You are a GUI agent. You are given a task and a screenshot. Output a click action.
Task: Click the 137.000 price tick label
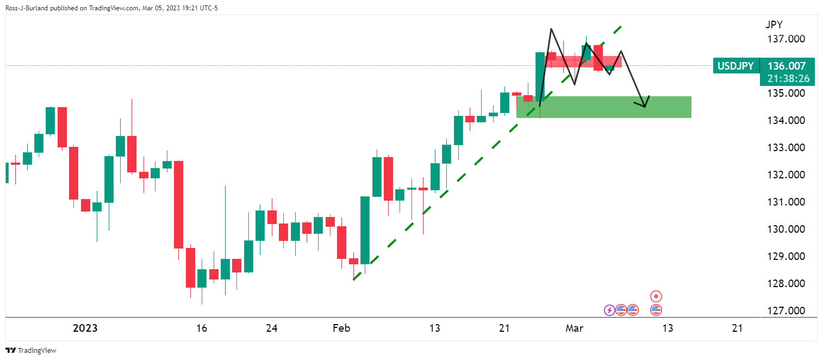[786, 39]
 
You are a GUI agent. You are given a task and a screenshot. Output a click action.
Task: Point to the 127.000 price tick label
[786, 311]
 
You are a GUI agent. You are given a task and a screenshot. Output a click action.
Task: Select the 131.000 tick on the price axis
[786, 202]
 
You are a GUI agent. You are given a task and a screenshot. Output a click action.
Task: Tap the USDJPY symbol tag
[735, 66]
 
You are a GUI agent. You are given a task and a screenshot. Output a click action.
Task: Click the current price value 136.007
[787, 66]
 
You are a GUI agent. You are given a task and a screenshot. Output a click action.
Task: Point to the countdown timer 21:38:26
[788, 78]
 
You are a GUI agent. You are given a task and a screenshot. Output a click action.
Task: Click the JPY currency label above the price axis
[774, 24]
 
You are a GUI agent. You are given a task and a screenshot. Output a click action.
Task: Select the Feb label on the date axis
[341, 328]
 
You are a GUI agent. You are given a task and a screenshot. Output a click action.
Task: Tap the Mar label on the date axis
[574, 328]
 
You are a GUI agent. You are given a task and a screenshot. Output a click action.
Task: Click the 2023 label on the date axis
[85, 328]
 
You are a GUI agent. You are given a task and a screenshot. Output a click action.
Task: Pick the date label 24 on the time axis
[271, 328]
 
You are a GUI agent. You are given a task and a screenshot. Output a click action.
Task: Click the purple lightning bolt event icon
[609, 311]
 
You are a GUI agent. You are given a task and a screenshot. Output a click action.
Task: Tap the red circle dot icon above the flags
[656, 296]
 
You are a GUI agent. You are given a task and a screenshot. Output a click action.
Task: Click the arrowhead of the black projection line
[645, 107]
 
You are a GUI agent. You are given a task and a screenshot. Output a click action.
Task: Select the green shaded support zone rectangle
[603, 107]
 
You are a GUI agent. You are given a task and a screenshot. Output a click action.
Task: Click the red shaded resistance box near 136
[583, 61]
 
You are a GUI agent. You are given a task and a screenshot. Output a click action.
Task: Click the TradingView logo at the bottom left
[31, 350]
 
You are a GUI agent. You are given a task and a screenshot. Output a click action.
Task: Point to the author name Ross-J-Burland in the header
[27, 8]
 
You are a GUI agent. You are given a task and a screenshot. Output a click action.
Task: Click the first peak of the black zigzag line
[551, 29]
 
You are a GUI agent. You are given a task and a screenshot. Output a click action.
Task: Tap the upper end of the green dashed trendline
[621, 27]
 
